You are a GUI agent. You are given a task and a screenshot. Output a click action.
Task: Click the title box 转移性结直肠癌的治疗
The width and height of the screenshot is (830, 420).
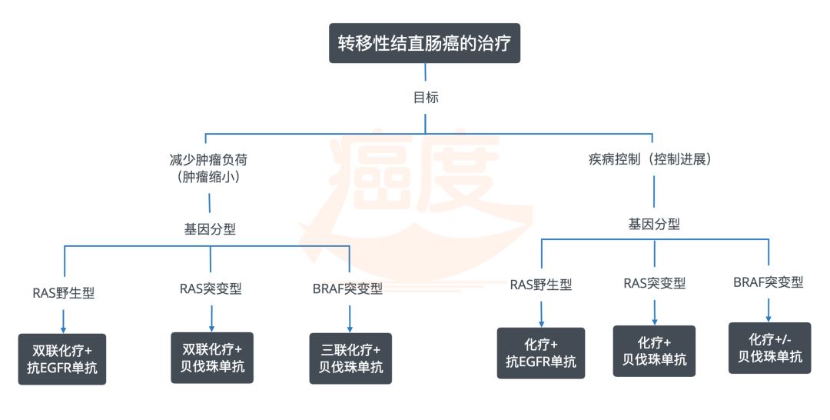tap(424, 42)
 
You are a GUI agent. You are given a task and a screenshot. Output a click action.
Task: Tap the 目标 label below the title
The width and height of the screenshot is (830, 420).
tap(425, 98)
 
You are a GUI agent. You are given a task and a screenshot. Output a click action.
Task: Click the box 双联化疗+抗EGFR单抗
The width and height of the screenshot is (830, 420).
tap(62, 358)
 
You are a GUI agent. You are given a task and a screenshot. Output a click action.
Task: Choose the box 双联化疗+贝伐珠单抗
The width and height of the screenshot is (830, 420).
tap(211, 356)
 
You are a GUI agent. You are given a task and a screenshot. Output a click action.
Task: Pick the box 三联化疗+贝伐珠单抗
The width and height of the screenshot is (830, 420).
tap(350, 358)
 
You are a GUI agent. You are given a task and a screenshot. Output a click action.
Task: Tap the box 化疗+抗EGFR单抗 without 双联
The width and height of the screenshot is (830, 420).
tap(541, 353)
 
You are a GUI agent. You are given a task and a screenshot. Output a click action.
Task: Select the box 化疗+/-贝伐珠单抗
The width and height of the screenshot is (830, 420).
tap(769, 348)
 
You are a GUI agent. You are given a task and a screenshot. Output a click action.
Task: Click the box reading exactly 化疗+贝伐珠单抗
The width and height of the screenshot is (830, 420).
tap(654, 351)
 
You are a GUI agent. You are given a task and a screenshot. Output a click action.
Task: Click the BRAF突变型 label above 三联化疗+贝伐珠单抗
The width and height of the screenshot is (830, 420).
tap(347, 289)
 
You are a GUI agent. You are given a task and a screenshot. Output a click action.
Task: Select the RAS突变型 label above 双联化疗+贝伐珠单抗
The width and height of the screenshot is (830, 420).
tap(211, 288)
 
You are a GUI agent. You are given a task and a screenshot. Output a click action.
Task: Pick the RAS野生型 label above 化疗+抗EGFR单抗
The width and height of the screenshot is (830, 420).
tap(541, 285)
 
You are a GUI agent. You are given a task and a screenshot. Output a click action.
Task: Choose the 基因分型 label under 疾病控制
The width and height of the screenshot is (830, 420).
tap(654, 225)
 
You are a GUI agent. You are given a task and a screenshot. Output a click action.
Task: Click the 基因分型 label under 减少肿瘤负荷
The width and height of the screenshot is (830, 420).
tap(209, 228)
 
